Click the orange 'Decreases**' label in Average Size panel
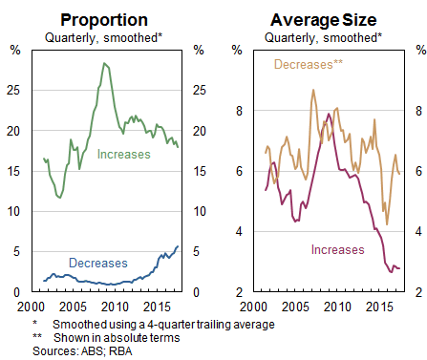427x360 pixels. coord(308,65)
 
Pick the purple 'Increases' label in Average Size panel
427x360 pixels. coord(338,249)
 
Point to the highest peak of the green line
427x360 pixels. coord(103,63)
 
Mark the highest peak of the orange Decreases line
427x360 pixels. coord(313,90)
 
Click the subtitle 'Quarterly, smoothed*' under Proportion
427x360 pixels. coord(103,37)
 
